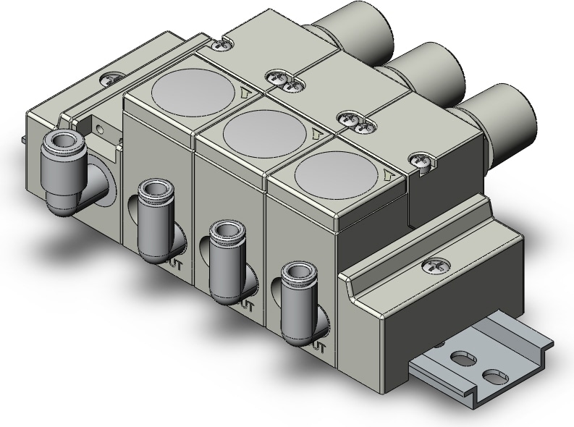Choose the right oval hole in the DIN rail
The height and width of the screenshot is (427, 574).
click(495, 376)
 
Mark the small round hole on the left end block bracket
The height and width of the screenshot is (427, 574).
click(100, 130)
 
